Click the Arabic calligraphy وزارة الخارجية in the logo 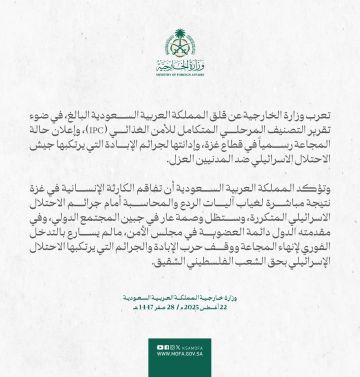[180, 56]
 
